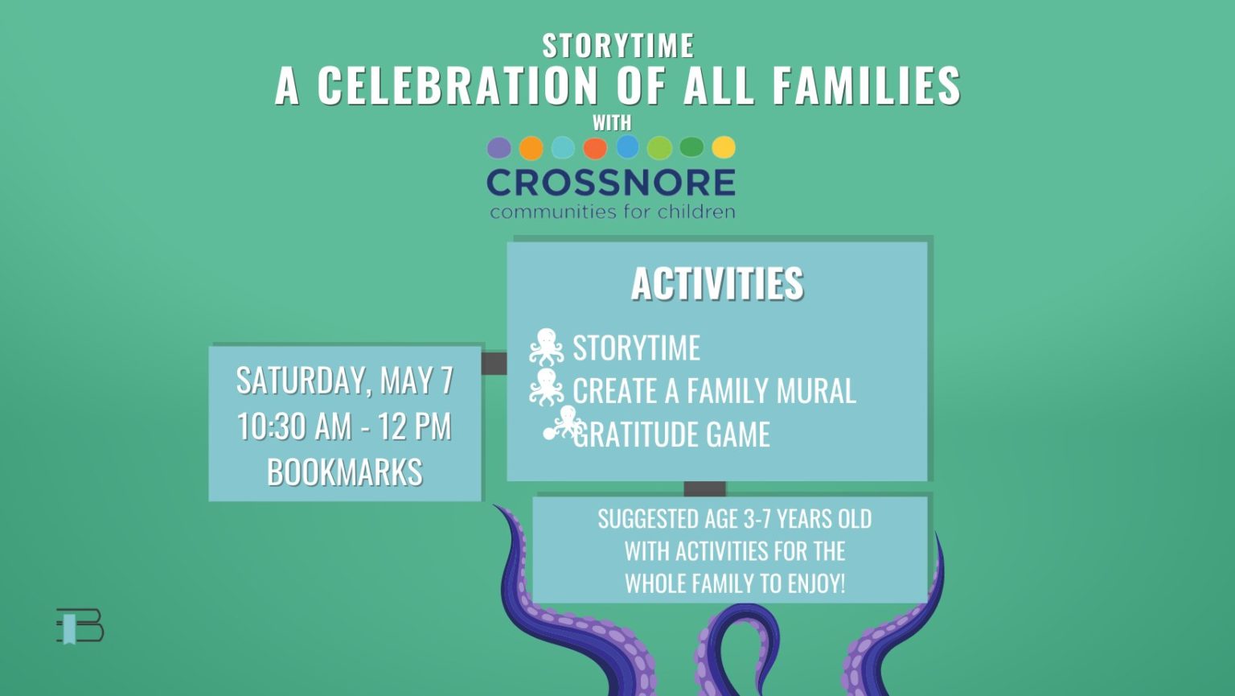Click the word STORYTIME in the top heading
(x=617, y=45)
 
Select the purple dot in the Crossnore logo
(x=499, y=148)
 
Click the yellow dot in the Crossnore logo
(x=724, y=147)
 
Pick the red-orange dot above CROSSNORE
(x=595, y=148)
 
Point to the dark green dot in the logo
(x=691, y=147)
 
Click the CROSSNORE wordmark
(x=611, y=183)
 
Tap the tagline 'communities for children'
(x=612, y=212)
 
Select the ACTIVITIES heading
(x=717, y=284)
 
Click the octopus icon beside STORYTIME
(x=547, y=347)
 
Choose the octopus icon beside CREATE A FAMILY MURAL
(x=547, y=387)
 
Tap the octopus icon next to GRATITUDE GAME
(x=564, y=422)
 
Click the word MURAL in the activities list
(x=816, y=391)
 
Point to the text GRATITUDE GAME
(x=671, y=434)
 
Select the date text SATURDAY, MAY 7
(x=345, y=381)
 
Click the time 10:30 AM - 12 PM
(x=345, y=426)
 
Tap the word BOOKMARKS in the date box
(x=345, y=472)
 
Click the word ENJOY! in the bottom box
(x=816, y=584)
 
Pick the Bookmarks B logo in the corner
(x=80, y=626)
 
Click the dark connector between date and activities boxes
(x=494, y=363)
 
